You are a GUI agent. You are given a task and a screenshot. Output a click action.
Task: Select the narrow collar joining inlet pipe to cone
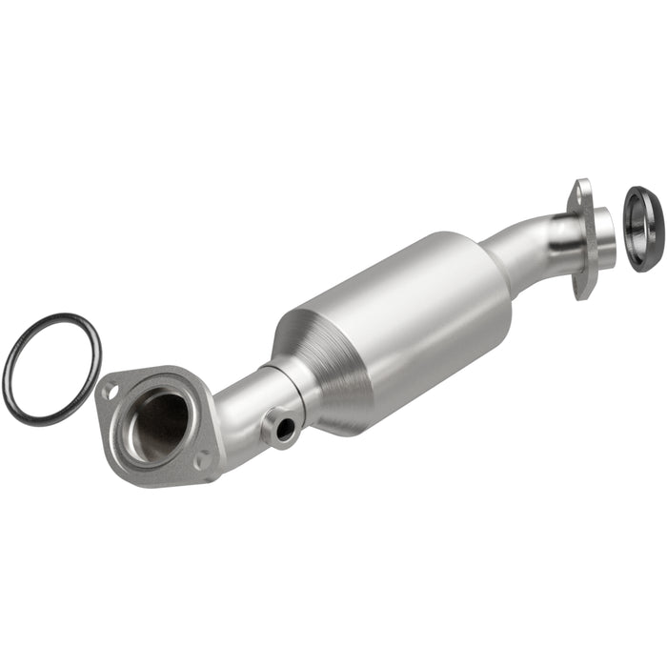286,381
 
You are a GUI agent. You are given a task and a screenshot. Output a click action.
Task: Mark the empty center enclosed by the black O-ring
52,367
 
